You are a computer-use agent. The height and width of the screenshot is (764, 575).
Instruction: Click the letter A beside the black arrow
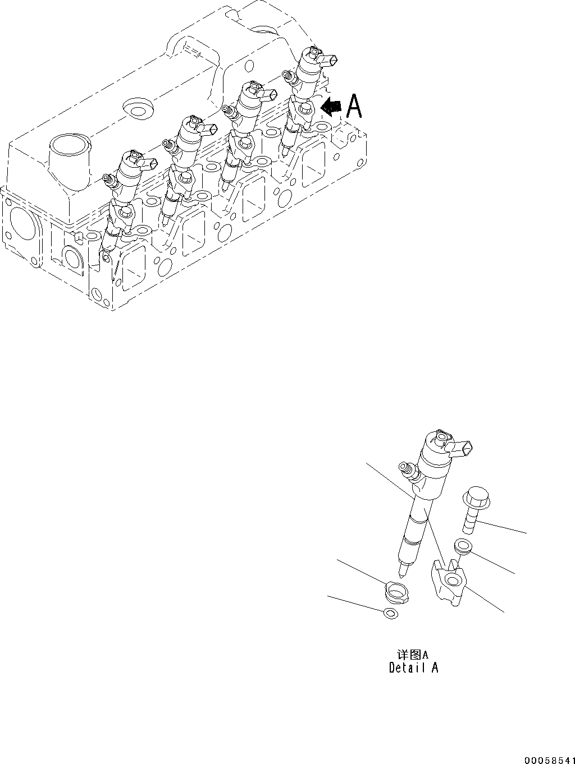click(x=354, y=106)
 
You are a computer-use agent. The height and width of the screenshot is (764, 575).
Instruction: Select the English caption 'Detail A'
click(x=413, y=668)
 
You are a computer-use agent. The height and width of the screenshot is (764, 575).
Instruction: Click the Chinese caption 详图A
click(x=413, y=654)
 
